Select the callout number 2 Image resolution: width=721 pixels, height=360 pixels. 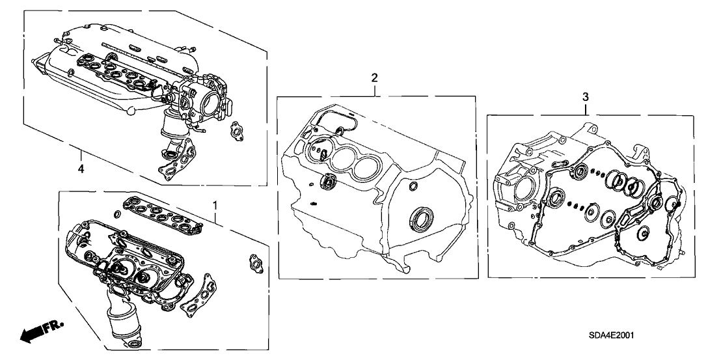coord(374,78)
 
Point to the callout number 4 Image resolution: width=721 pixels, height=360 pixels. coord(81,169)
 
